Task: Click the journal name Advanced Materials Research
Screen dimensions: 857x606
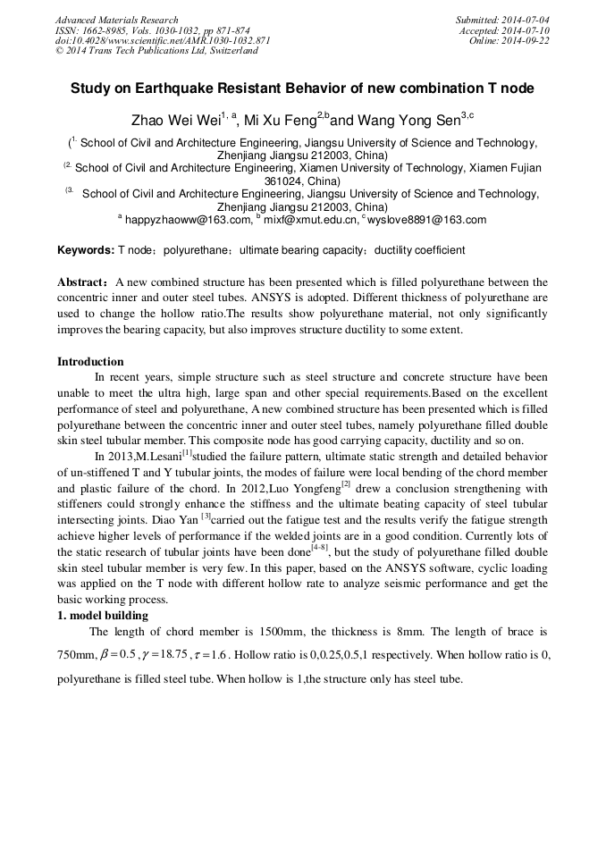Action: tap(116, 20)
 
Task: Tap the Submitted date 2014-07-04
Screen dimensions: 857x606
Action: tap(526, 20)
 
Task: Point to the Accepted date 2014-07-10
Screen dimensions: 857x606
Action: tap(526, 30)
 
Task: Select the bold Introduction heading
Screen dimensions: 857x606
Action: tap(90, 362)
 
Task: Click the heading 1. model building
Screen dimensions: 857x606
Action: tap(103, 615)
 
